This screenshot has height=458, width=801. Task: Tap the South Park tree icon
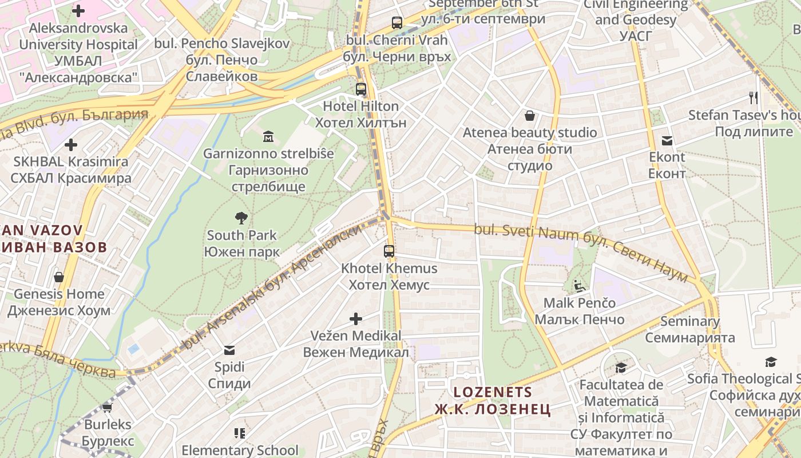pos(241,218)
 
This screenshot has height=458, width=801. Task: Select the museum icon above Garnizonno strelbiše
pos(268,136)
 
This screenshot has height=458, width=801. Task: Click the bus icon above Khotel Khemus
pos(389,251)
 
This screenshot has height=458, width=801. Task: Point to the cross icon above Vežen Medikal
pos(356,318)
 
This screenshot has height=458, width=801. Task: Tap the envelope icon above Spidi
pos(229,350)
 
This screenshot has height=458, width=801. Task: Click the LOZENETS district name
pos(493,392)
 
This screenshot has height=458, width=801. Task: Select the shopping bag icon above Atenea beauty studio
pos(530,116)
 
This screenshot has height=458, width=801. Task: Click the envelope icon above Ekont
pos(667,140)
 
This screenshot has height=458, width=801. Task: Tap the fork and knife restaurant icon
pos(754,98)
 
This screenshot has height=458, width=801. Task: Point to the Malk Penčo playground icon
pos(579,286)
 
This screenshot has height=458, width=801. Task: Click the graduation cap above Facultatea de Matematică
pos(621,368)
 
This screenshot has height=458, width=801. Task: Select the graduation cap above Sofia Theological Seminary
pos(771,362)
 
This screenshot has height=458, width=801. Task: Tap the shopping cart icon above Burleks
pos(107,408)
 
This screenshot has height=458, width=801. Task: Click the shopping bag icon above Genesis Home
pos(59,277)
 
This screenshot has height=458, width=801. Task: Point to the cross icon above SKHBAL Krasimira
pos(71,145)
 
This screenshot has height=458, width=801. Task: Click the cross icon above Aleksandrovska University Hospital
pos(78,10)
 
